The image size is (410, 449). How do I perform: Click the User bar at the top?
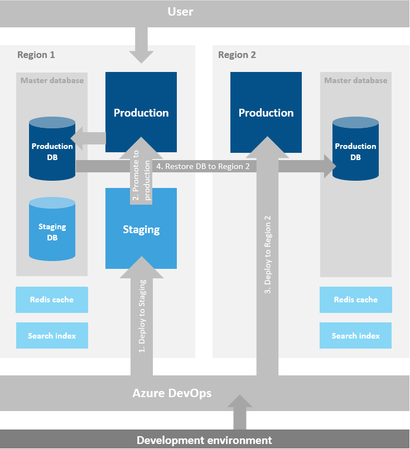(205, 12)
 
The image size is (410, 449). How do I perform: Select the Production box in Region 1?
(141, 112)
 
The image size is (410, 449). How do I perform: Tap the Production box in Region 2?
(266, 112)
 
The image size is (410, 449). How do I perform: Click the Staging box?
(141, 229)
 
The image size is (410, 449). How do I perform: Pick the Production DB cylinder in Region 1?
(52, 151)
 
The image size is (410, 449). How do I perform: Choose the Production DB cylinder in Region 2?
(355, 151)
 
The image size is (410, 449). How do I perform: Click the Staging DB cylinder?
(52, 231)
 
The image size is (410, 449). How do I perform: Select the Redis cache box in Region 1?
(52, 300)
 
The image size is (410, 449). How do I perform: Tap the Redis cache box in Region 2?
(355, 300)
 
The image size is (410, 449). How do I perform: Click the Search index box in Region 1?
(52, 336)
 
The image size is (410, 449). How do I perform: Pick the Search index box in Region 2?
(355, 336)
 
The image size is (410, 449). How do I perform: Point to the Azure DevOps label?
(172, 393)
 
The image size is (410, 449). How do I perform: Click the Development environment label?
(204, 440)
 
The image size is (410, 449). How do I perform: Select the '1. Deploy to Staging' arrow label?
(142, 316)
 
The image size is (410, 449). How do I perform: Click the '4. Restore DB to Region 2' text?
(203, 166)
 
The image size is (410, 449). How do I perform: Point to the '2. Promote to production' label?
(141, 179)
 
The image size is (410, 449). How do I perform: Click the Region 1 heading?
(36, 55)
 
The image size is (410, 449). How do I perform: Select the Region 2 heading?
(237, 55)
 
